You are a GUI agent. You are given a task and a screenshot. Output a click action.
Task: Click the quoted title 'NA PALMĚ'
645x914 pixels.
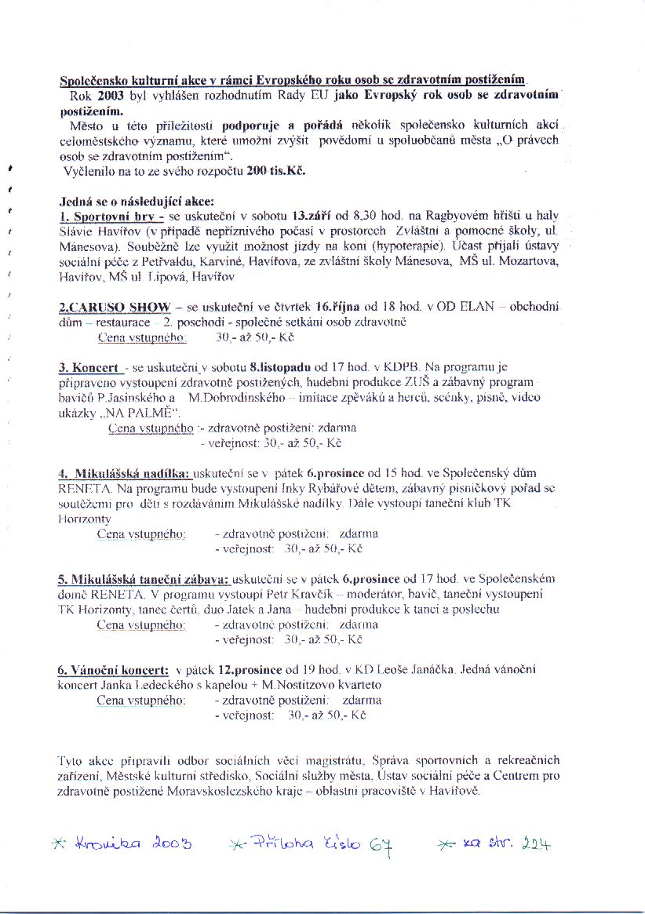click(x=144, y=413)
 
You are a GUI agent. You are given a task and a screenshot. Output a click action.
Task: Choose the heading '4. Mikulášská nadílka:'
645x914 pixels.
click(x=124, y=474)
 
